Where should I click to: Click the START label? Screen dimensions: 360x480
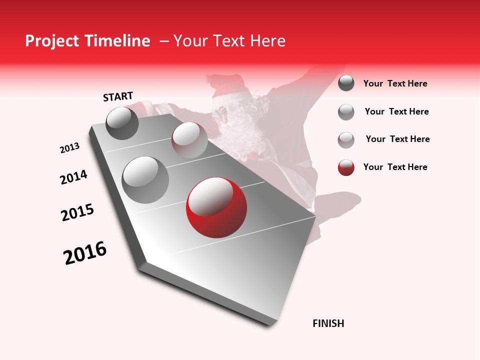point(118,96)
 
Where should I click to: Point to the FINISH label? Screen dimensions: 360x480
point(328,323)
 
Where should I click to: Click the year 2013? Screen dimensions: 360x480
point(69,148)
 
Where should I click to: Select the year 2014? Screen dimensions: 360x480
point(73,177)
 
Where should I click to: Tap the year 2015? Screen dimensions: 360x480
point(77,212)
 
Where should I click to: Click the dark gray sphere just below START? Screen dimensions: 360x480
point(122,123)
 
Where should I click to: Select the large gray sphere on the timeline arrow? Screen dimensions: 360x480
point(145,179)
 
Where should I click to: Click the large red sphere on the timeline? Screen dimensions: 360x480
point(216,207)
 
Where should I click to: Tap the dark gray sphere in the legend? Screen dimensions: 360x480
point(346,83)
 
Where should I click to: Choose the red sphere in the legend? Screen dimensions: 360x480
point(346,167)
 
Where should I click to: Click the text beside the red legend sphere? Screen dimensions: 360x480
point(395,167)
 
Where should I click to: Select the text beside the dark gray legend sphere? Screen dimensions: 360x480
point(395,83)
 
